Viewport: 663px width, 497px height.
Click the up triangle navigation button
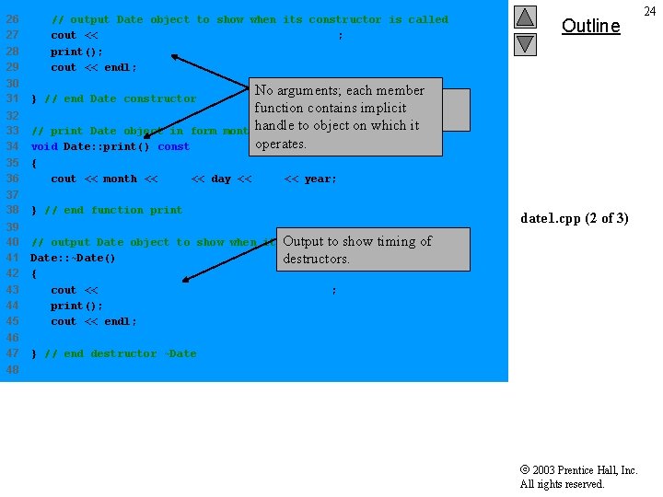point(525,17)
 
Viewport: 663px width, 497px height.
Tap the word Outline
point(590,26)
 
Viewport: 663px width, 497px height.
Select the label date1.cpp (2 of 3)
point(575,218)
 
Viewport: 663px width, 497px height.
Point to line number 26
point(13,19)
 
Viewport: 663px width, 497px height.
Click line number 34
point(13,146)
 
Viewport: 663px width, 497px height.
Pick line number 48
point(13,369)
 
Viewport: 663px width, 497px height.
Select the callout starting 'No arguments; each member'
point(339,117)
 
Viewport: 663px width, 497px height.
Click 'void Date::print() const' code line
point(110,146)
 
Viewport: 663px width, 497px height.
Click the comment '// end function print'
point(113,210)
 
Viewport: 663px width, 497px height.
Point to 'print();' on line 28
point(76,52)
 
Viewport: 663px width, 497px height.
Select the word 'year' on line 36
point(319,179)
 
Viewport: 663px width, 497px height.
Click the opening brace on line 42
point(34,273)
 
